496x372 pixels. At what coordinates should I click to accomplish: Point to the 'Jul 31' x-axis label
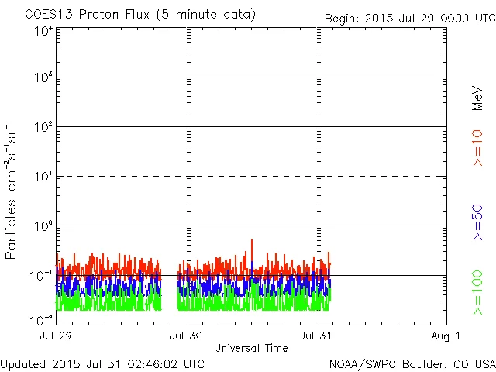coord(317,336)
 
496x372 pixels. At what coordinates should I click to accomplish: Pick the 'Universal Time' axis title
coord(250,348)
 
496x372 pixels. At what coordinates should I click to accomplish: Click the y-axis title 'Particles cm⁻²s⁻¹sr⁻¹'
coord(12,189)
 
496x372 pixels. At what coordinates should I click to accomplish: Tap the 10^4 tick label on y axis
coord(43,31)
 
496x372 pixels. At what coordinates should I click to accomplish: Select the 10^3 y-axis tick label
coord(43,79)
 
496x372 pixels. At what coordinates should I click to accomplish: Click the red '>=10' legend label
coord(477,148)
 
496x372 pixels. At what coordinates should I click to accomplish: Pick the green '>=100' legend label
coord(477,292)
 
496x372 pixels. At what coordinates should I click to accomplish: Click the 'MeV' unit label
coord(477,98)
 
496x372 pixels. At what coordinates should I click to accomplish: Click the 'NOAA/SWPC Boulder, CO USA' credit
coord(412,363)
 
